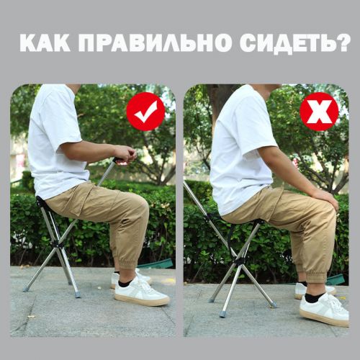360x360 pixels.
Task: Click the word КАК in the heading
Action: (x=45, y=43)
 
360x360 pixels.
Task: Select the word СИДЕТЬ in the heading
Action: (x=287, y=44)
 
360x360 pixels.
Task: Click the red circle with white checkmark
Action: (x=145, y=112)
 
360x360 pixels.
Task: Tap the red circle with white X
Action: (x=319, y=112)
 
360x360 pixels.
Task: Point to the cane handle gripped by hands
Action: (x=119, y=161)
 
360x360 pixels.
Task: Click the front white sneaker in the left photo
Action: (x=141, y=292)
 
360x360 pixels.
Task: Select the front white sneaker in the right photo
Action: (x=325, y=310)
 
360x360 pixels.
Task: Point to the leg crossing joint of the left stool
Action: (x=57, y=243)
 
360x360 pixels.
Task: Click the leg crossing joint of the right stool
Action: (x=240, y=261)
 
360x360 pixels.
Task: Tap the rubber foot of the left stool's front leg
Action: (x=77, y=294)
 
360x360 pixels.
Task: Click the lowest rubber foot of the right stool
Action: (x=222, y=314)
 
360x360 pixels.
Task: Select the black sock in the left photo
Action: (x=125, y=283)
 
